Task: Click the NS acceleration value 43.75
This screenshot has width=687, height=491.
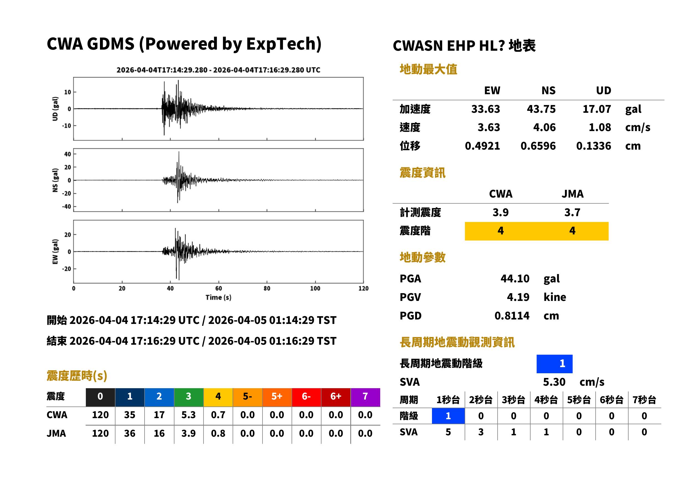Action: [x=541, y=109]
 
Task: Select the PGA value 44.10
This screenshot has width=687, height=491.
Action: [x=514, y=278]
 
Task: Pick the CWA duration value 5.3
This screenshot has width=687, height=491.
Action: [x=188, y=415]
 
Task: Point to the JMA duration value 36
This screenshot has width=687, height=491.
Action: [x=130, y=433]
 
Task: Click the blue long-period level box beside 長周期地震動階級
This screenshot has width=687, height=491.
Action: [x=554, y=364]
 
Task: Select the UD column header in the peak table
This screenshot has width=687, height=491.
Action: [x=603, y=90]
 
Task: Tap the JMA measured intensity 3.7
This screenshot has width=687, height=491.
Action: [x=572, y=213]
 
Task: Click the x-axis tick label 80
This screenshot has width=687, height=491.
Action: [x=267, y=288]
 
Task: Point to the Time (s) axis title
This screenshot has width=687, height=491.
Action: [x=218, y=298]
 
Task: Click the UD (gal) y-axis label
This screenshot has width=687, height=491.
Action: [x=55, y=109]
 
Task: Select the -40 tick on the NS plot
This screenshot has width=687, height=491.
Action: [x=67, y=207]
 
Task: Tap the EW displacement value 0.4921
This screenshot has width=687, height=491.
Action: [x=482, y=146]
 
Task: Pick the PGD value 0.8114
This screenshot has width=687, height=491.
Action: [x=512, y=316]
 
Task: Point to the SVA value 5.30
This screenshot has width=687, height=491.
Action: [x=554, y=382]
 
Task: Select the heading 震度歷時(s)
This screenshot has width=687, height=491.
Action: [x=77, y=376]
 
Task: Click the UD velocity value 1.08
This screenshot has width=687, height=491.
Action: [x=600, y=127]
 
